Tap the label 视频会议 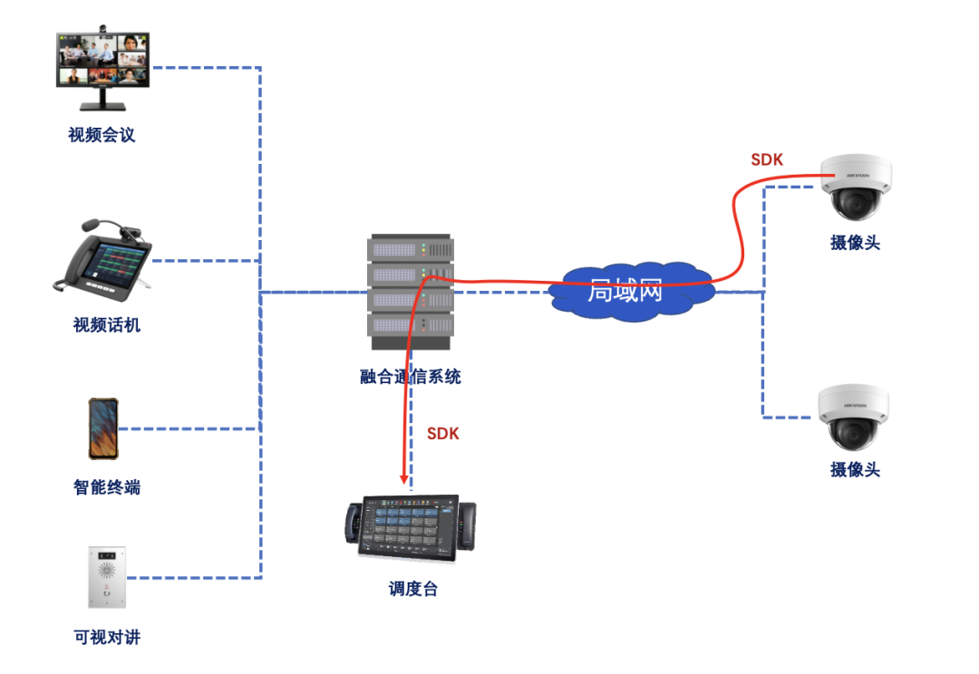(x=102, y=135)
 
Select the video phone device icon (x=102, y=256)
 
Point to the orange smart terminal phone (x=102, y=428)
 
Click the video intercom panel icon (x=106, y=576)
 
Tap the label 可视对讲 (x=106, y=638)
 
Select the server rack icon (x=410, y=292)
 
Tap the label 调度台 (x=412, y=590)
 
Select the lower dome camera (x=853, y=416)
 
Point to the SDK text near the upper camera (x=766, y=160)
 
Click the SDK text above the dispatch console (x=442, y=434)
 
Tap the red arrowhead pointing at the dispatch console (x=403, y=478)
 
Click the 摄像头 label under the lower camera (x=855, y=469)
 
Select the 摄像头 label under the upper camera (x=855, y=243)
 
